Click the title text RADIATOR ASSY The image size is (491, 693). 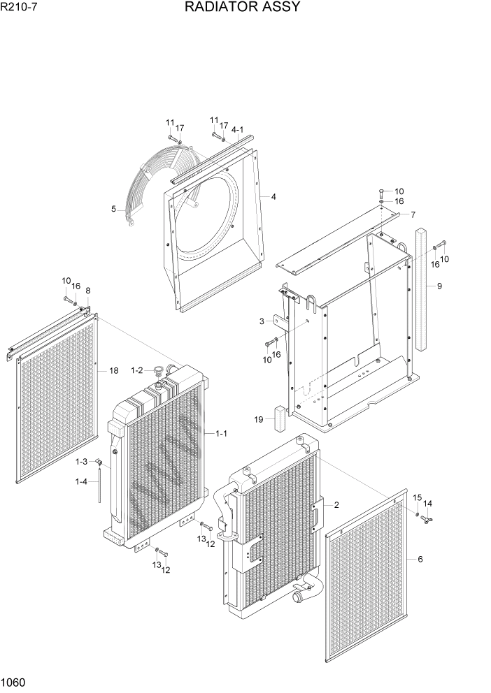[x=243, y=8]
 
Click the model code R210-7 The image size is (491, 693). [x=19, y=8]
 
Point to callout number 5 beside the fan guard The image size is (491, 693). [x=114, y=208]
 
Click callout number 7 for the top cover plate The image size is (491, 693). [x=413, y=214]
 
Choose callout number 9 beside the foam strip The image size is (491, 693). [x=439, y=286]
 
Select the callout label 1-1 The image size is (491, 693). [x=221, y=434]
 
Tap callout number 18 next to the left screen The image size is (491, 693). [x=113, y=371]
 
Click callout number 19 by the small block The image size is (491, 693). [x=259, y=419]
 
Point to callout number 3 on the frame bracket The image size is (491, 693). [x=261, y=321]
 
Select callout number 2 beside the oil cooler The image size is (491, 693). [x=336, y=504]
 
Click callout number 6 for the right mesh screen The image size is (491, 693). [x=420, y=559]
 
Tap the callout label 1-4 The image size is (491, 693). [x=82, y=481]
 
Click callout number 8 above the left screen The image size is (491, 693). [x=87, y=291]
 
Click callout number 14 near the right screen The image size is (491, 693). [x=428, y=503]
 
